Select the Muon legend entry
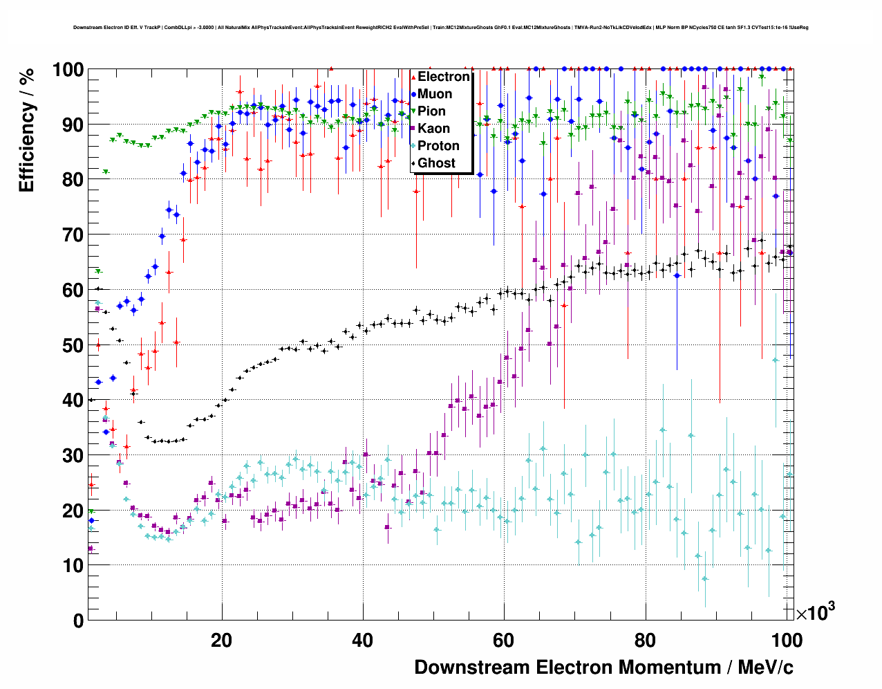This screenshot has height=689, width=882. point(435,94)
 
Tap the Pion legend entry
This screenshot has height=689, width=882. point(431,111)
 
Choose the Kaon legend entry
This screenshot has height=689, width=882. point(433,129)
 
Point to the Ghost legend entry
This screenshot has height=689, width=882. point(436,163)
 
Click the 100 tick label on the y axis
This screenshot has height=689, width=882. point(68,70)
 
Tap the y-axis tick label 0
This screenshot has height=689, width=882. point(78,621)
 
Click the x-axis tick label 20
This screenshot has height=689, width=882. point(221,641)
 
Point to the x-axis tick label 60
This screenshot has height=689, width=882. point(503,641)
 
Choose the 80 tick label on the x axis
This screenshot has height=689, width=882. point(644,641)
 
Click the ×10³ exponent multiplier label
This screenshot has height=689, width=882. point(815,613)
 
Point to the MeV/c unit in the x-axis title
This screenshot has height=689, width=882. point(765,668)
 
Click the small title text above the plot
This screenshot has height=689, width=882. point(441,28)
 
